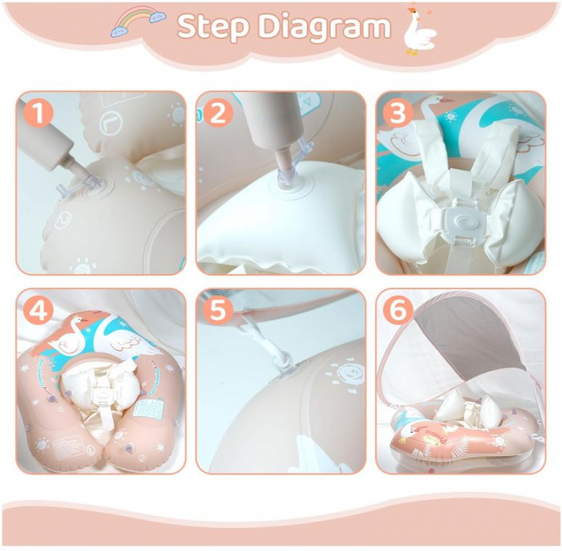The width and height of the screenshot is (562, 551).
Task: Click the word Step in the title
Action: tap(214, 27)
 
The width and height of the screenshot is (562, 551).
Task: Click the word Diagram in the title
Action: tap(324, 27)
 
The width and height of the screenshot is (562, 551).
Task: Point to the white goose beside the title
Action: tap(419, 32)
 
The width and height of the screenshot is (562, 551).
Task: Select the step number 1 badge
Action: tap(39, 112)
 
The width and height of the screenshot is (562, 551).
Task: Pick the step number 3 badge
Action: tap(397, 112)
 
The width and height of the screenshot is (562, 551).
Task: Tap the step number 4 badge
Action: tap(39, 310)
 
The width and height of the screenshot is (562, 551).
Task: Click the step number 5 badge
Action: tap(218, 310)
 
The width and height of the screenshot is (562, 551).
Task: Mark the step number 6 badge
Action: tap(397, 310)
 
